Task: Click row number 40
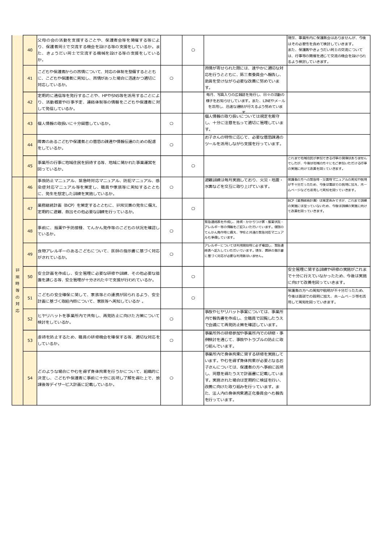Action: point(30,50)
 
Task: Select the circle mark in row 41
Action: point(171,78)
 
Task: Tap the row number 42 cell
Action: point(30,102)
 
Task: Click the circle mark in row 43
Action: point(171,123)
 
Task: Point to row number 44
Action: point(30,145)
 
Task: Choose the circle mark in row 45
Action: point(193,166)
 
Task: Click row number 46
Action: point(30,187)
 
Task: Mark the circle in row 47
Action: point(193,209)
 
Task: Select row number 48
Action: point(30,231)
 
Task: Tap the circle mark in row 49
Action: point(171,254)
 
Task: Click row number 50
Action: point(30,277)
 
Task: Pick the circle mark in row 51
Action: point(193,298)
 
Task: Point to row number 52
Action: point(30,319)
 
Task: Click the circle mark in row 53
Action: point(171,340)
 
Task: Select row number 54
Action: point(30,378)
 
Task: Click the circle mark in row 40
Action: point(193,50)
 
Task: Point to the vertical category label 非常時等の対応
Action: point(17,290)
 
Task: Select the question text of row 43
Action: point(74,123)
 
